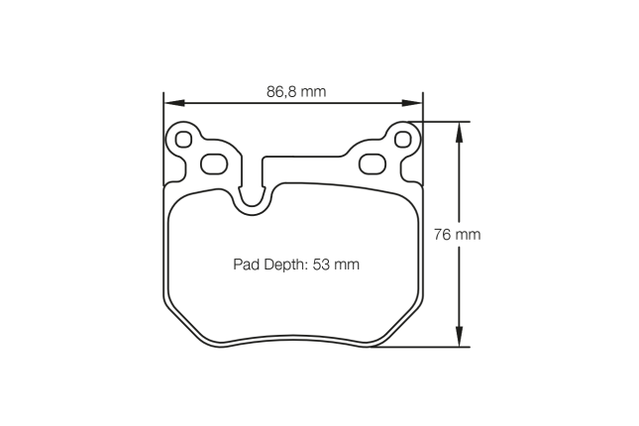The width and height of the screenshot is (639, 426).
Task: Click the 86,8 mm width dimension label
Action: coord(296,92)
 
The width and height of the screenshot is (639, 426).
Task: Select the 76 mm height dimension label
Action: coord(457,235)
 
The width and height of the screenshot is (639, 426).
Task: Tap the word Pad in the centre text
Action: coord(245,265)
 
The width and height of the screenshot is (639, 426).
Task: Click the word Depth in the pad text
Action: coord(284,265)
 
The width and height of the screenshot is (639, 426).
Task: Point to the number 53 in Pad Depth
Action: coord(322,265)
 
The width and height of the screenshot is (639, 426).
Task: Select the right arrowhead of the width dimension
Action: coord(416,102)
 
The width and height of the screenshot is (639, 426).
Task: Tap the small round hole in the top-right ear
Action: coord(402,140)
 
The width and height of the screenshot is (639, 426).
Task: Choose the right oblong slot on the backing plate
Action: coord(373,162)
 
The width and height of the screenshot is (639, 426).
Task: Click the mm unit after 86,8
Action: coord(313,92)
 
